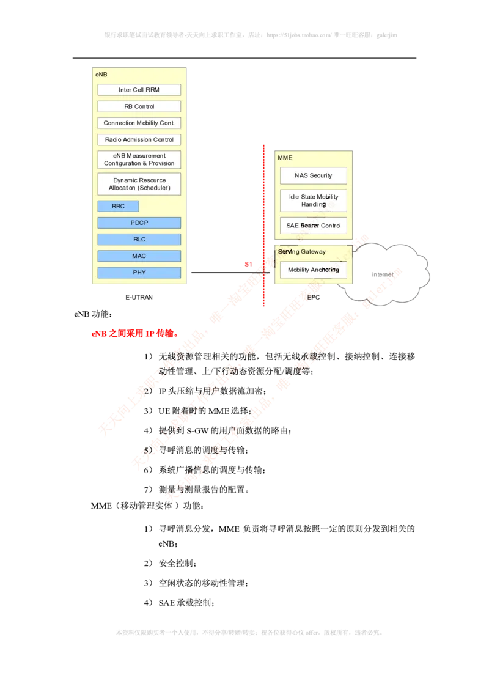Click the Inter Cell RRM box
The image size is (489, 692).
139,90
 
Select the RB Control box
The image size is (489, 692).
139,106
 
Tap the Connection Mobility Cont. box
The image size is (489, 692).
139,123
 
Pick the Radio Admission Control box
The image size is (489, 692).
139,139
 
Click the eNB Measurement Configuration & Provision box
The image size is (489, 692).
139,160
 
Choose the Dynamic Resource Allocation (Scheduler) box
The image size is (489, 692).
139,184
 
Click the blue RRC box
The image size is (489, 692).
118,206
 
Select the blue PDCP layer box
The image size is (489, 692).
139,223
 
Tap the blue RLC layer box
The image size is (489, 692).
139,239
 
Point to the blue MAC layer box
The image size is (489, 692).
139,256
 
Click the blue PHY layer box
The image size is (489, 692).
139,272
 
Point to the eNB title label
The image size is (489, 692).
101,73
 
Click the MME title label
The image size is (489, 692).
285,158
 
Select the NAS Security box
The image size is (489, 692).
313,175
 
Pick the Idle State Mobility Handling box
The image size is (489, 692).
313,201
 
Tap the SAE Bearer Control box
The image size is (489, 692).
313,226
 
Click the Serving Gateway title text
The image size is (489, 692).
302,251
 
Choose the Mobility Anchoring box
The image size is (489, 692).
313,270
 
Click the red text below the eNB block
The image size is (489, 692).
133,334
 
